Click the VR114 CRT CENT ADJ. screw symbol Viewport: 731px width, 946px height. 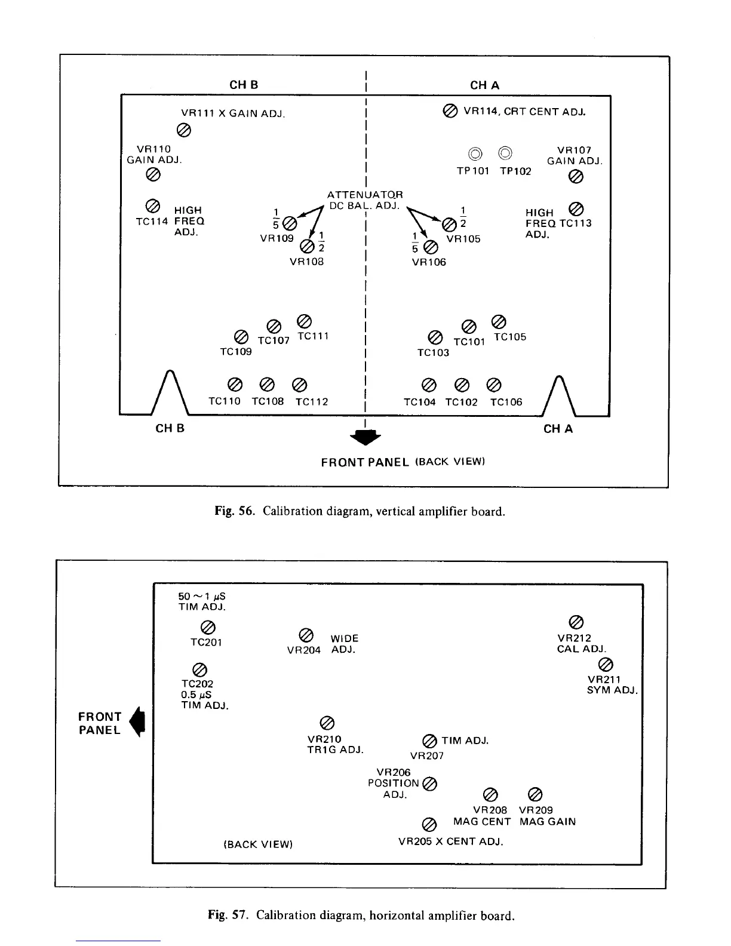click(450, 111)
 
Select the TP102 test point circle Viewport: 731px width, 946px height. click(505, 153)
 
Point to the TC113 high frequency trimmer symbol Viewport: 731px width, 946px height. click(576, 209)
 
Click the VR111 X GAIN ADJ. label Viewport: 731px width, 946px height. click(233, 113)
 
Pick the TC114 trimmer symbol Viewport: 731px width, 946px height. click(152, 206)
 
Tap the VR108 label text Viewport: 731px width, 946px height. click(306, 262)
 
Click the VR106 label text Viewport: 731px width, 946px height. click(429, 262)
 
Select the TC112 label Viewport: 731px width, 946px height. click(312, 402)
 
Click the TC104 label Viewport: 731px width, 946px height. click(420, 402)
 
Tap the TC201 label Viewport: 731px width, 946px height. click(206, 643)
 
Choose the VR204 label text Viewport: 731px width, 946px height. click(304, 650)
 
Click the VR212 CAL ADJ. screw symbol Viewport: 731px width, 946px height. click(576, 622)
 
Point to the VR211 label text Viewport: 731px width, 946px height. click(604, 680)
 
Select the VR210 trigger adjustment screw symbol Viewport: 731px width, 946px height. click(326, 723)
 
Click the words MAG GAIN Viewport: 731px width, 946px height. click(548, 822)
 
